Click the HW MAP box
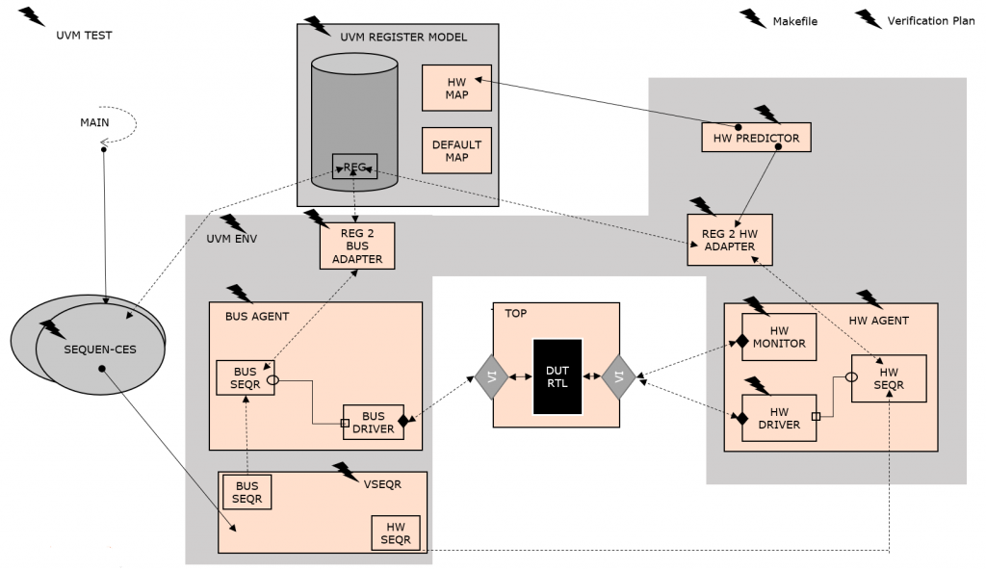(x=456, y=88)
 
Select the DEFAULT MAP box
(x=456, y=150)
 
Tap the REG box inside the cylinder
(x=354, y=166)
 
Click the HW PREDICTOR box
(x=756, y=138)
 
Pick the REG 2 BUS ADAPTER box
(x=357, y=246)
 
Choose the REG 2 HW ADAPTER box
(x=730, y=239)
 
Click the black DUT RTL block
(x=558, y=376)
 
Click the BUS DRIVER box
(x=373, y=422)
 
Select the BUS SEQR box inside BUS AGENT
(x=246, y=378)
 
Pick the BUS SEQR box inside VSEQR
(x=247, y=492)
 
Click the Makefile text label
(x=794, y=21)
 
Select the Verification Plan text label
(x=930, y=21)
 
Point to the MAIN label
(x=94, y=122)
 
